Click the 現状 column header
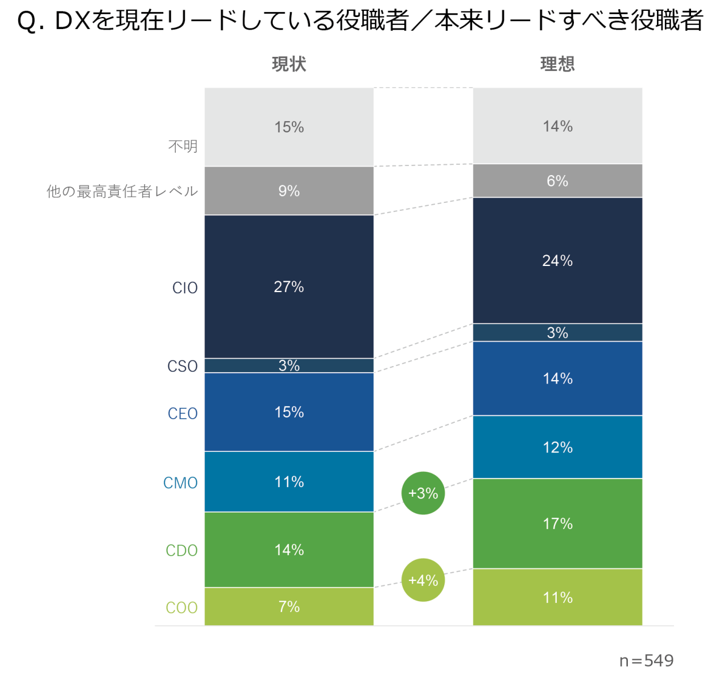(289, 64)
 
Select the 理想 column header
(557, 64)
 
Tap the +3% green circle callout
(423, 493)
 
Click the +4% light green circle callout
(423, 580)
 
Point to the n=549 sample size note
(646, 660)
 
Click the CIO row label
(185, 288)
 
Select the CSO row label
(183, 366)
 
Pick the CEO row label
(183, 413)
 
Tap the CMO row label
(180, 482)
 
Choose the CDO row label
(181, 550)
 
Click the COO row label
(181, 608)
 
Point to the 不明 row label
(183, 147)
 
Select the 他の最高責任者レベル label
(122, 191)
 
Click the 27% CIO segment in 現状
(289, 287)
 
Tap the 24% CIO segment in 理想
(557, 261)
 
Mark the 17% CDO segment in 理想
(557, 523)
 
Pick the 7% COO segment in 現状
(289, 606)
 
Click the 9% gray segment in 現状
(289, 191)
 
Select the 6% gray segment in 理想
(557, 181)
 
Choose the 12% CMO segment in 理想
(557, 447)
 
